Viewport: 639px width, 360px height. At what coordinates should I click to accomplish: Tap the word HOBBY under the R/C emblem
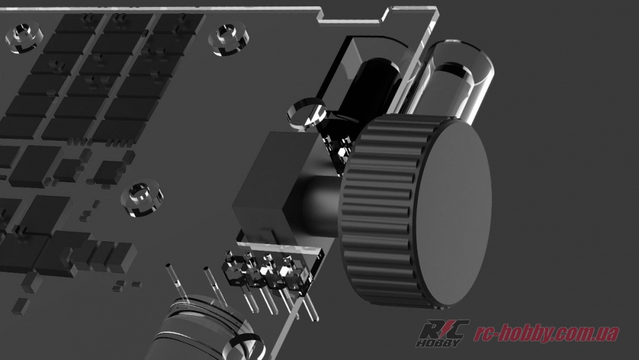tap(440, 343)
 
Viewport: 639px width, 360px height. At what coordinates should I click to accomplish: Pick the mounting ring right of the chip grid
tap(228, 40)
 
